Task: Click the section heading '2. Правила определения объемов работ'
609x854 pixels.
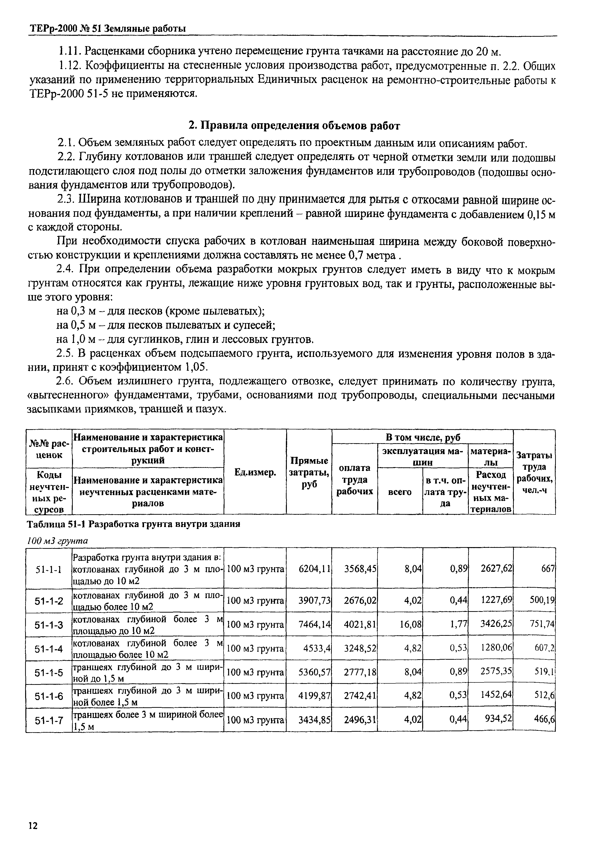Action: tap(294, 126)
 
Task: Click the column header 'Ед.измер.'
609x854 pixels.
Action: tap(255, 473)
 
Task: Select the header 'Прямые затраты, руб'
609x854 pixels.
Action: tap(309, 473)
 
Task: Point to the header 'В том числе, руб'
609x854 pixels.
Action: tap(423, 437)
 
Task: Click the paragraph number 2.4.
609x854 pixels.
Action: tap(66, 269)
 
